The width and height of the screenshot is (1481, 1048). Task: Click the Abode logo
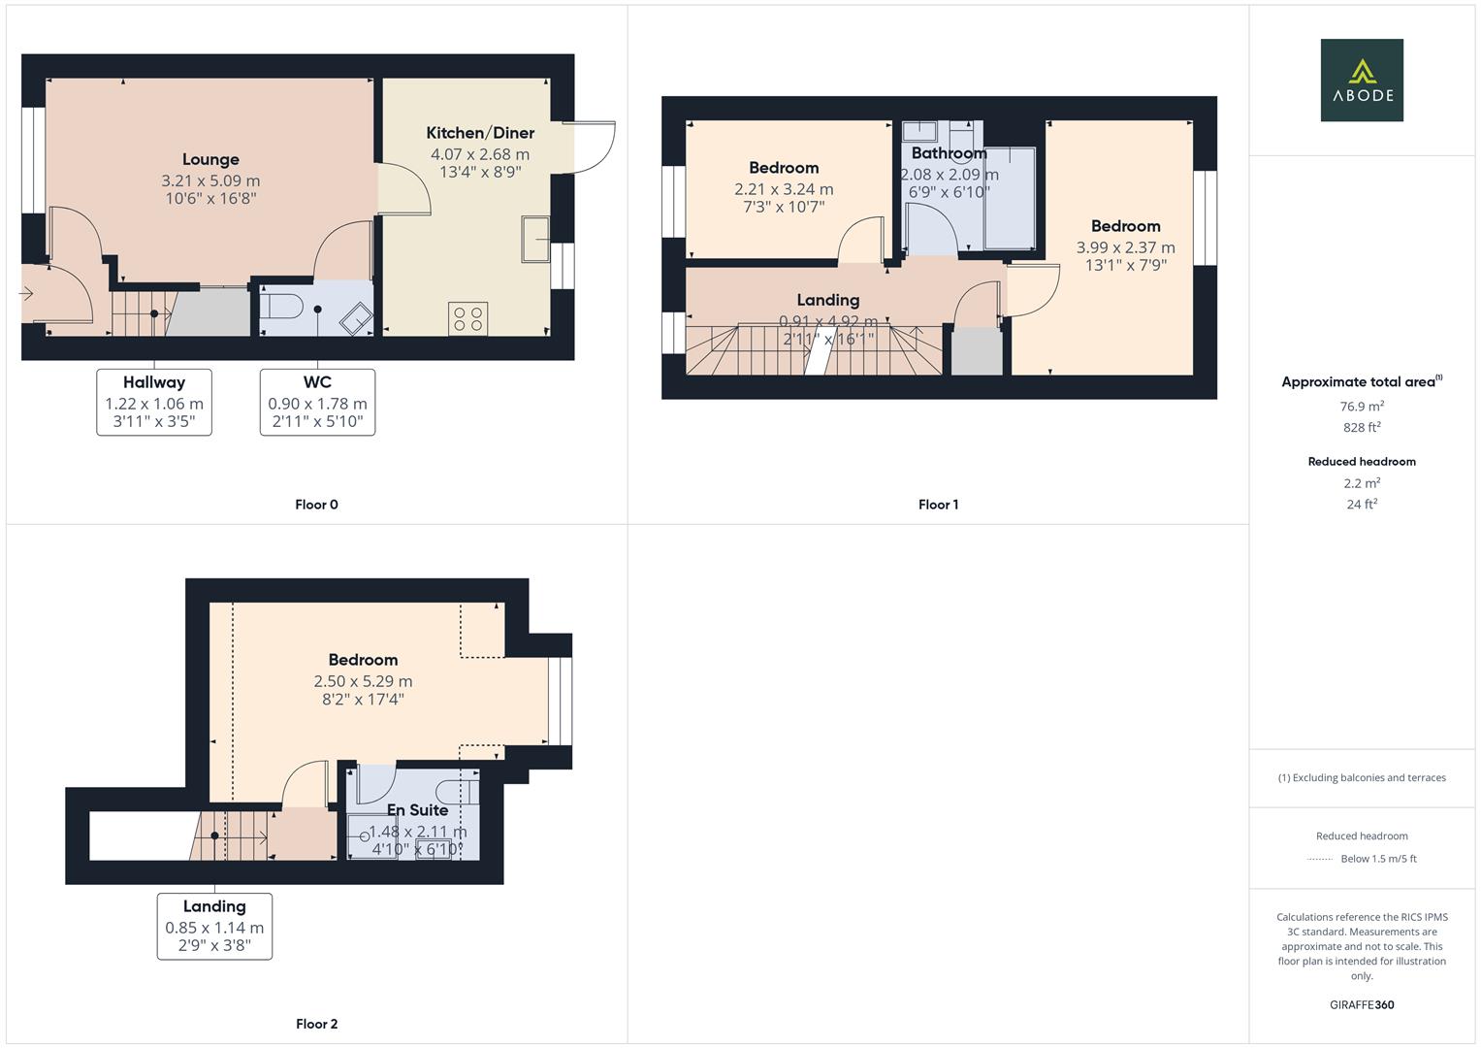point(1361,80)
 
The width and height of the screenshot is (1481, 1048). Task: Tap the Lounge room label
point(210,160)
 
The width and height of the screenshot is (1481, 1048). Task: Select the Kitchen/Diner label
point(480,133)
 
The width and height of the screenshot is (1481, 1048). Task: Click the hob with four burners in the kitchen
point(467,319)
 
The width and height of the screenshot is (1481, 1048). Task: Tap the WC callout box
point(317,402)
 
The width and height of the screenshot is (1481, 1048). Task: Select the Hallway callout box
point(154,402)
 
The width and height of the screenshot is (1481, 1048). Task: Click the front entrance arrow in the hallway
point(26,293)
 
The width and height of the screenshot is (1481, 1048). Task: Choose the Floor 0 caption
point(316,505)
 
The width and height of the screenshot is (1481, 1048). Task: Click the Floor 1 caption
point(938,505)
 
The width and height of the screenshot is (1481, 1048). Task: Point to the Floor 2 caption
point(316,1024)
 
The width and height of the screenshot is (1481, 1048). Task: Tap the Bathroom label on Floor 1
point(949,153)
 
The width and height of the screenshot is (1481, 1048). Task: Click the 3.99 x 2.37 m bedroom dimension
point(1125,247)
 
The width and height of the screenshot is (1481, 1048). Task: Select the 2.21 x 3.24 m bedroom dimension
point(784,189)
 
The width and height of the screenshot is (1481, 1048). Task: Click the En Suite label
point(417,810)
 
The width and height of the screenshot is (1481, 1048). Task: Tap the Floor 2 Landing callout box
point(214,926)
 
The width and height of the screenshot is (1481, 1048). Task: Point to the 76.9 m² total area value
point(1362,406)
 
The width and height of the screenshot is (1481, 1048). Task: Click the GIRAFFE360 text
point(1362,1004)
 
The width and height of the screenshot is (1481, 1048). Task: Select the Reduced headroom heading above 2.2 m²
point(1362,462)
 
